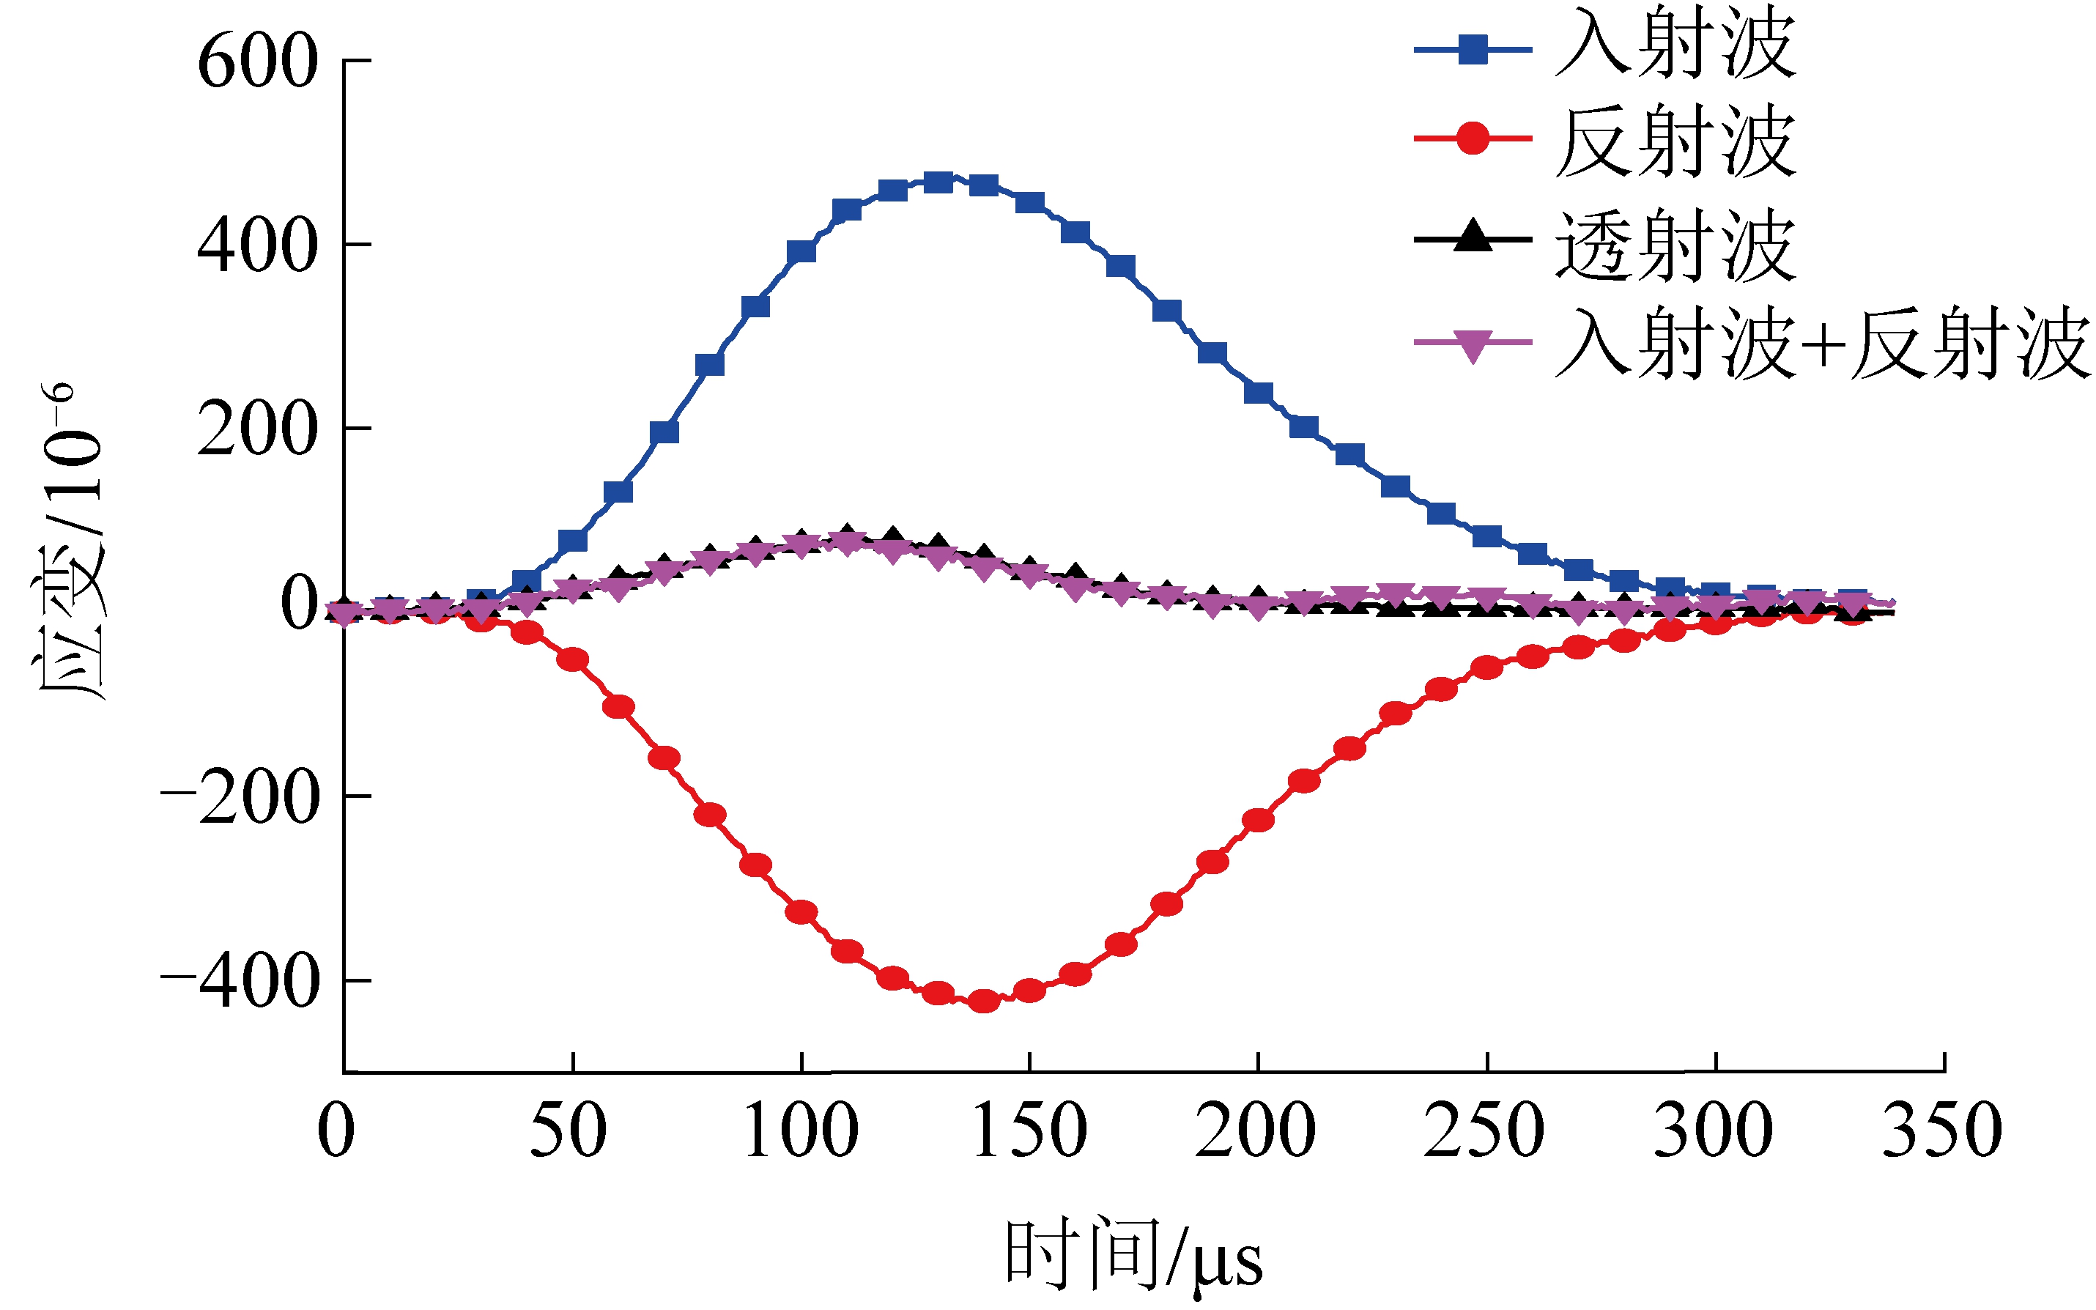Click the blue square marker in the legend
(1473, 49)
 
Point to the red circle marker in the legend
(1473, 138)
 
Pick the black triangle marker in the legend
(1473, 236)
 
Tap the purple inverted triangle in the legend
(1473, 345)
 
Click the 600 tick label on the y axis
(257, 63)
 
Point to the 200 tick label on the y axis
(257, 431)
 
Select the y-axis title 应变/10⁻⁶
(70, 541)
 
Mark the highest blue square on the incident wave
(938, 182)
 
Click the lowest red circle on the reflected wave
(984, 1002)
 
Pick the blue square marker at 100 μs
(801, 252)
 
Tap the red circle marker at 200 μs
(1258, 820)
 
